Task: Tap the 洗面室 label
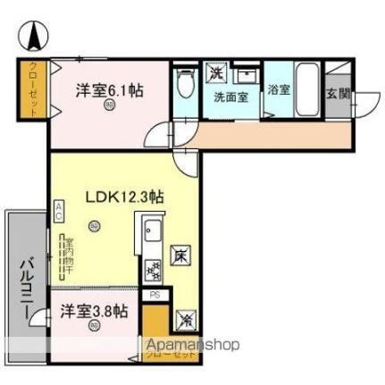click(x=230, y=96)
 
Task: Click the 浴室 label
click(x=279, y=89)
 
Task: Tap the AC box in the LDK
click(x=59, y=212)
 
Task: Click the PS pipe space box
click(x=154, y=294)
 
